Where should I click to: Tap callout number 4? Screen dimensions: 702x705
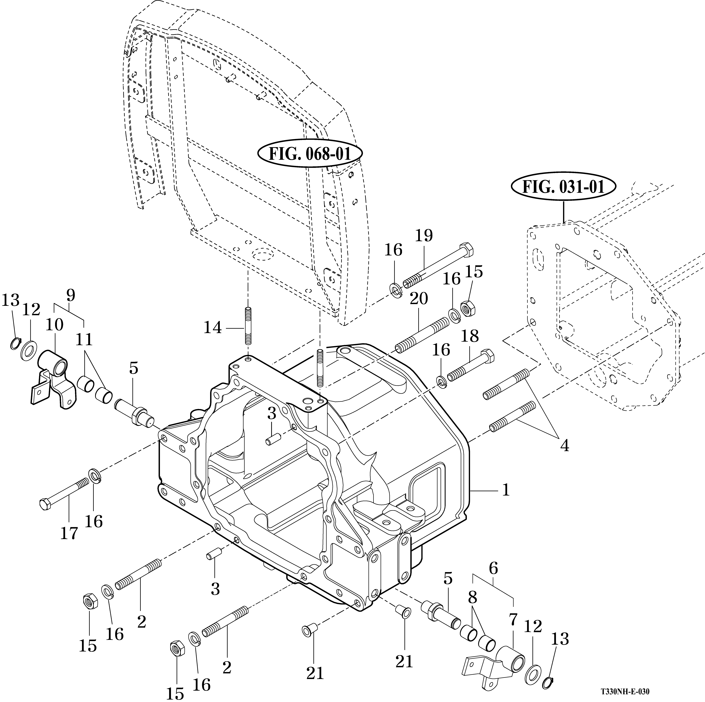tap(565, 446)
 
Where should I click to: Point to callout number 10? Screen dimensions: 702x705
tap(54, 325)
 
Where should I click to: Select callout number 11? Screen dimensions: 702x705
tap(84, 340)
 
